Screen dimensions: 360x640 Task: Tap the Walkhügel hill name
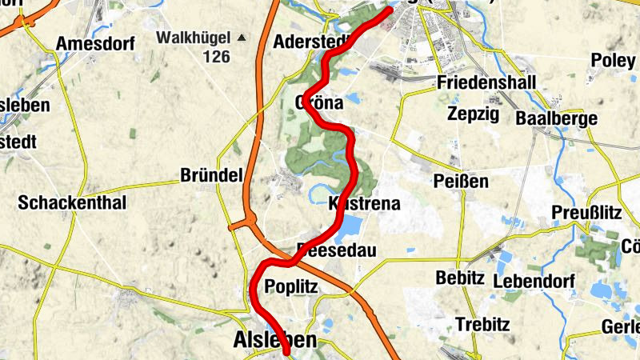click(x=193, y=37)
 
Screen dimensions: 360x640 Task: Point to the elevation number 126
click(x=216, y=56)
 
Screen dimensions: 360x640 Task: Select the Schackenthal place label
click(x=72, y=202)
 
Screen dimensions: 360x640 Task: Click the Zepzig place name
click(x=473, y=114)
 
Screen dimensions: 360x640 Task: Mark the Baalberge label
click(x=557, y=118)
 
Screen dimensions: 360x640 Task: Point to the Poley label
click(x=613, y=60)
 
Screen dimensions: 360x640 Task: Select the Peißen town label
click(x=461, y=181)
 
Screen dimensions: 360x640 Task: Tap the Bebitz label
click(x=461, y=278)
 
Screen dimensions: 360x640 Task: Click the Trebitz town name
click(x=482, y=324)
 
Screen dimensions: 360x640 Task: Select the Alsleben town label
click(x=274, y=340)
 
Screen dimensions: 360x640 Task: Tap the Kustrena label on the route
click(x=364, y=204)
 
